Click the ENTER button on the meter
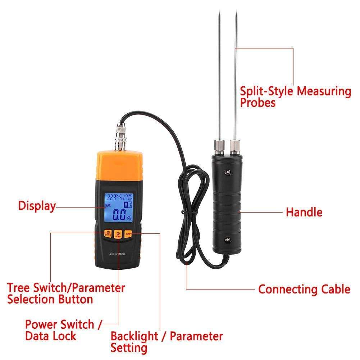(x=107, y=233)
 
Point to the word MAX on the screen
(x=108, y=205)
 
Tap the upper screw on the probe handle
(x=227, y=172)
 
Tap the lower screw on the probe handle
(x=227, y=239)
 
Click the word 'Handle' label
(x=304, y=212)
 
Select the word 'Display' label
(x=37, y=206)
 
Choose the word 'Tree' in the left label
(x=19, y=288)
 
